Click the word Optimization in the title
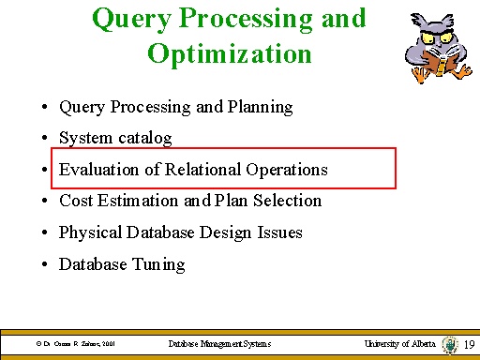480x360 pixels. tap(230, 52)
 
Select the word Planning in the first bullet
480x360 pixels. tap(258, 108)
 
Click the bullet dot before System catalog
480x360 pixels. tap(45, 139)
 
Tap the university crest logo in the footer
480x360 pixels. tap(451, 345)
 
